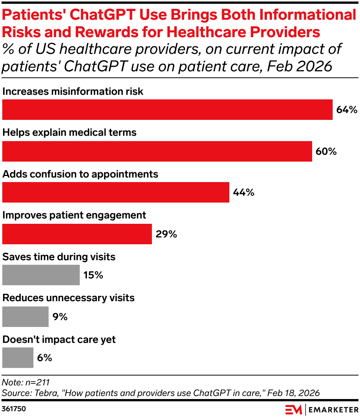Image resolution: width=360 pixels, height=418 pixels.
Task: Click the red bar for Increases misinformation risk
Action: pyautogui.click(x=167, y=110)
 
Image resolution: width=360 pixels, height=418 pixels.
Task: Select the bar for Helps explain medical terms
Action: pyautogui.click(x=157, y=151)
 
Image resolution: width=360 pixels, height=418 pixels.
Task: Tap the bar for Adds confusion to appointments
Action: pyautogui.click(x=115, y=192)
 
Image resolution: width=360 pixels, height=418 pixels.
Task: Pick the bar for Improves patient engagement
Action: pyautogui.click(x=77, y=234)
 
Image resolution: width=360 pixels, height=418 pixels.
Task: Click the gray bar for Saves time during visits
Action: pyautogui.click(x=41, y=275)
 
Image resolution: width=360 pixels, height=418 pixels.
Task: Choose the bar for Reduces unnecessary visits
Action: pyautogui.click(x=25, y=316)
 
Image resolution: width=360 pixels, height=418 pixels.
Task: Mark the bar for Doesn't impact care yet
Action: pyautogui.click(x=17, y=358)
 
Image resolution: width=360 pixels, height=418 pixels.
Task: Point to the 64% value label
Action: pyautogui.click(x=347, y=110)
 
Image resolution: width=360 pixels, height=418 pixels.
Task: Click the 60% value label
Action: pyautogui.click(x=326, y=151)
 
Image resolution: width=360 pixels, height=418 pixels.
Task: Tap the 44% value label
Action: pyautogui.click(x=243, y=193)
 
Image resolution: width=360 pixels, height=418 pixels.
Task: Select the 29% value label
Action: pyautogui.click(x=166, y=234)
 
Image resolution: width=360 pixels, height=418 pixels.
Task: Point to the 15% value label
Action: pyautogui.click(x=93, y=275)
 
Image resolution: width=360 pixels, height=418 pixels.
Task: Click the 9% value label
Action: pyautogui.click(x=60, y=317)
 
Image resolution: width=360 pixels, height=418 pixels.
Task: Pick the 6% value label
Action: pyautogui.click(x=44, y=358)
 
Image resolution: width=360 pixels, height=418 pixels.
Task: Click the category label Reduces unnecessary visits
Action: pyautogui.click(x=68, y=298)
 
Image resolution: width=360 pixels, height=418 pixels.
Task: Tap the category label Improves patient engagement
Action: pyautogui.click(x=74, y=215)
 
